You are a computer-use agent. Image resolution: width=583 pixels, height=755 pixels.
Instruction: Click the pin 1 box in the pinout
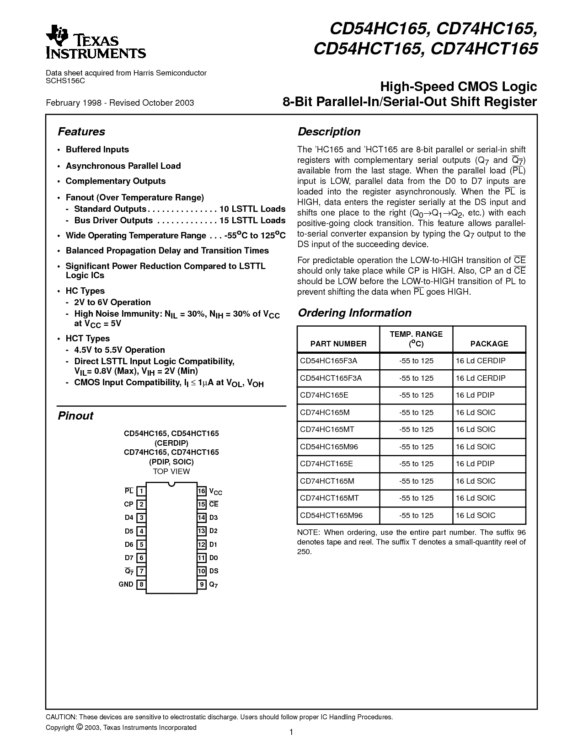(142, 491)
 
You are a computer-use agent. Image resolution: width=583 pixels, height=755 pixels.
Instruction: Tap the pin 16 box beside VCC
(202, 491)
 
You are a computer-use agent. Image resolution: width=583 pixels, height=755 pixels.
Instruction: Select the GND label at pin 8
(126, 584)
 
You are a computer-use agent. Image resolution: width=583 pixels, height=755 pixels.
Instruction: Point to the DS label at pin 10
(214, 571)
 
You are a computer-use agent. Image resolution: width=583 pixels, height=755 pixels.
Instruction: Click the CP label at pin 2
(128, 504)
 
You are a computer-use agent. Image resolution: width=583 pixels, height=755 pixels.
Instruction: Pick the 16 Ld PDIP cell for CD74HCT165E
(475, 464)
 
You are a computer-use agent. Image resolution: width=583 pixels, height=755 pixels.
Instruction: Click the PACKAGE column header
(489, 344)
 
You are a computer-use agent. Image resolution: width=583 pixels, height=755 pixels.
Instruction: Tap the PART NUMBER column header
(338, 344)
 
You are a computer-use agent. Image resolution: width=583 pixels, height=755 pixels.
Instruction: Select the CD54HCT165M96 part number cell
(331, 515)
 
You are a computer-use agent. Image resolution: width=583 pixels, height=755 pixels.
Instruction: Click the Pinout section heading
(75, 416)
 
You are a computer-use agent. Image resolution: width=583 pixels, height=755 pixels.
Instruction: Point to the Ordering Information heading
(354, 313)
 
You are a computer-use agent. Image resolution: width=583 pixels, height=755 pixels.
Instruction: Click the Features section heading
(81, 132)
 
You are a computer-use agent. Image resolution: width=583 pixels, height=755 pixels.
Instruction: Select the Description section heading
(329, 132)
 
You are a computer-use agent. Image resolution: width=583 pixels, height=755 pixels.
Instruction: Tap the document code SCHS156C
(65, 81)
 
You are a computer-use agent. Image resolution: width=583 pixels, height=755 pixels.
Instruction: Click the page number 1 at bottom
(291, 732)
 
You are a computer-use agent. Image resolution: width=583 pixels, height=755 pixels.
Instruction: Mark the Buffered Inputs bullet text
(97, 150)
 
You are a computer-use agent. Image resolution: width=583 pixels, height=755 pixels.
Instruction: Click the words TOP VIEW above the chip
(171, 471)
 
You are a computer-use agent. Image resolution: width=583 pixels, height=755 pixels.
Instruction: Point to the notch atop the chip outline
(171, 484)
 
